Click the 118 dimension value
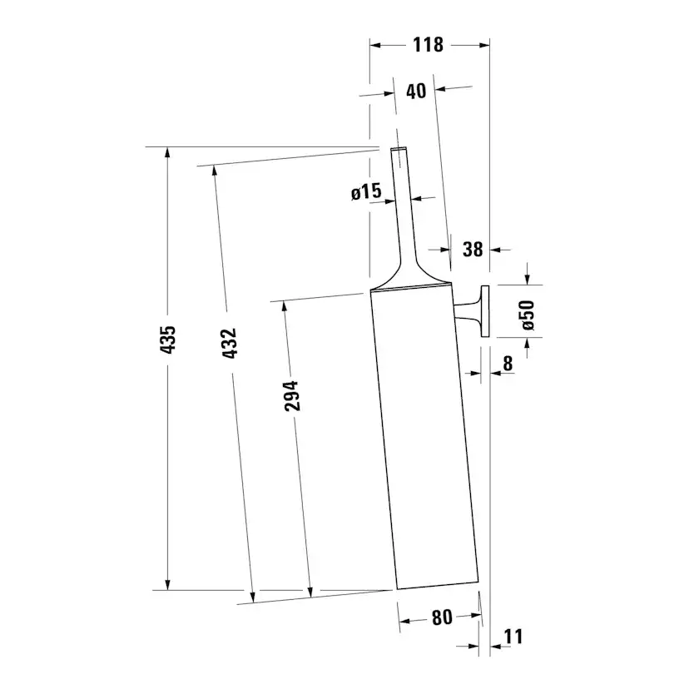[429, 45]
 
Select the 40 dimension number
[416, 91]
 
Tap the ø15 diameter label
[366, 193]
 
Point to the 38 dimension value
[472, 249]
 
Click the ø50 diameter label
[527, 315]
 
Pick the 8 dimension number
[508, 363]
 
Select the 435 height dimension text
[168, 341]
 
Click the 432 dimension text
[230, 343]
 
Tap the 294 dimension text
[291, 397]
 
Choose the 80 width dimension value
[442, 617]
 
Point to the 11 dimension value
[513, 637]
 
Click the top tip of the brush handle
[399, 150]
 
